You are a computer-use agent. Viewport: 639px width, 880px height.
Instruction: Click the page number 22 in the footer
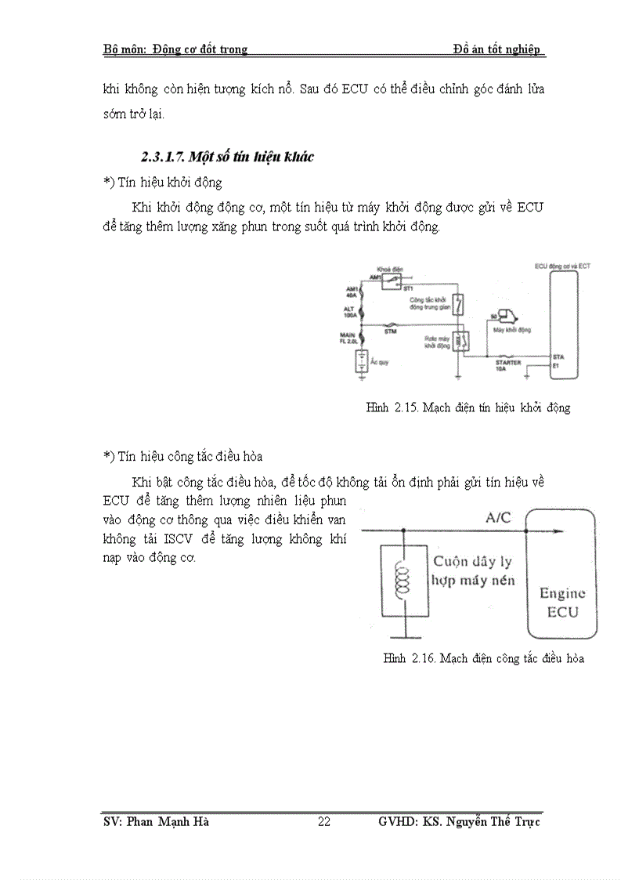(324, 821)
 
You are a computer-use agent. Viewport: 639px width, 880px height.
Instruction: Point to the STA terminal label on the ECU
(557, 357)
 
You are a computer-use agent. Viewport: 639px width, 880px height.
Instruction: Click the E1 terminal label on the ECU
(555, 365)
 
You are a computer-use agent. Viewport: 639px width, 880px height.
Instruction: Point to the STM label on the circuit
(390, 331)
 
